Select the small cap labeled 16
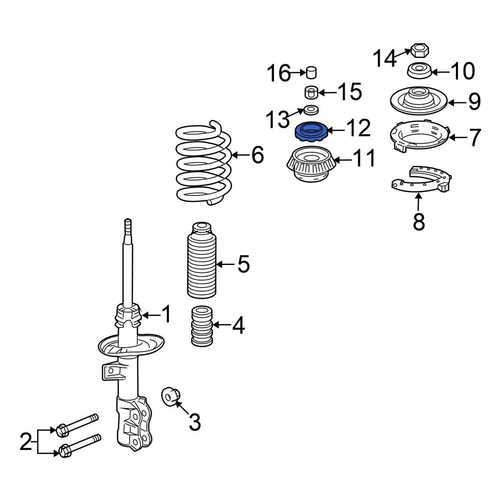(312, 73)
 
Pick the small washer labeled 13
(311, 110)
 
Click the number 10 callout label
(462, 71)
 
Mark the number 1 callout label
(166, 315)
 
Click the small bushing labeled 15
(312, 92)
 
